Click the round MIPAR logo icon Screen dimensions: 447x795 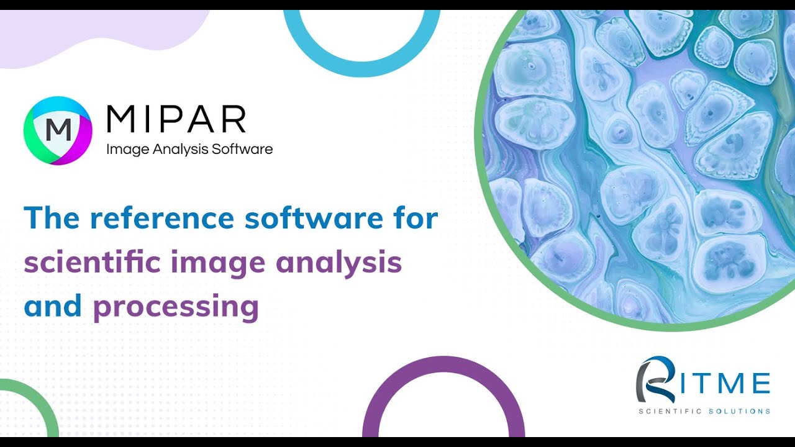[58, 130]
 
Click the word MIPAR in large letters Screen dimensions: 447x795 [176, 120]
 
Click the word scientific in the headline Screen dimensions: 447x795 [92, 262]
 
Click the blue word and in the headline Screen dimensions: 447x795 [53, 306]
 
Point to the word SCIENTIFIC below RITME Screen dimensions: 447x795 [670, 411]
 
